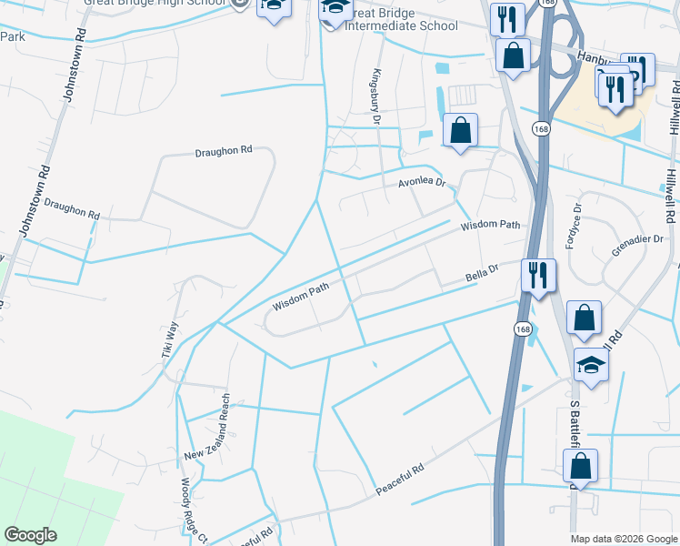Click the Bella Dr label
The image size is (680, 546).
point(483,271)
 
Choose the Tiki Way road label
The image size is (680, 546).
point(170,343)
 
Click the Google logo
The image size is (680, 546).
point(31,535)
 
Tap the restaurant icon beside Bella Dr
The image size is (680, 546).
point(538,274)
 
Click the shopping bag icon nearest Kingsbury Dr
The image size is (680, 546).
point(461,129)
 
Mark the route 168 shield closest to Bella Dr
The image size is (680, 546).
point(522,329)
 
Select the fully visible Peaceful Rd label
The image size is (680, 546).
point(400,482)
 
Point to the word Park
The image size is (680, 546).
point(12,36)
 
